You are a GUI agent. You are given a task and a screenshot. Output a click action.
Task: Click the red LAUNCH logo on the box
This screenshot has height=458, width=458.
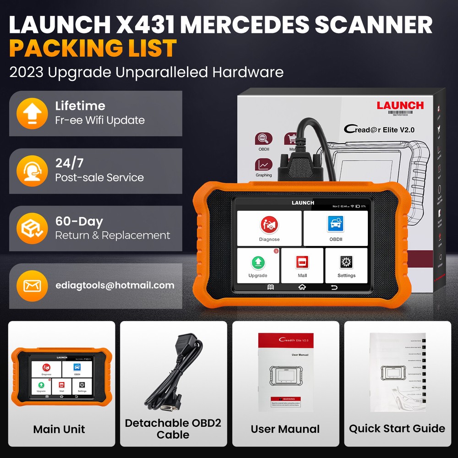tap(400, 105)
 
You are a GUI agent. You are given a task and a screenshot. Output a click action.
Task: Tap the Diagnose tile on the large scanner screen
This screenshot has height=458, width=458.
tap(269, 228)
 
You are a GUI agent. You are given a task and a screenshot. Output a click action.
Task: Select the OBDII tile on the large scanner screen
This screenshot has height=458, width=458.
tap(335, 228)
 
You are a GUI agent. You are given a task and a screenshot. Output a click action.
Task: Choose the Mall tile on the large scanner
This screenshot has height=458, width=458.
tap(302, 266)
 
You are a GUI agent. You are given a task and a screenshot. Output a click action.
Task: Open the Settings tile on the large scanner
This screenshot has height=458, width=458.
tap(346, 266)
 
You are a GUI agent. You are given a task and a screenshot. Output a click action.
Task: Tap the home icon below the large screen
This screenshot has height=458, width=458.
tap(302, 288)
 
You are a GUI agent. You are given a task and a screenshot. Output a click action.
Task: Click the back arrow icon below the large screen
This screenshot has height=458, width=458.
tap(333, 288)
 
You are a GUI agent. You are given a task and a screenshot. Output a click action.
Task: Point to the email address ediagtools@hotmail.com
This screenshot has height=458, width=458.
tap(114, 285)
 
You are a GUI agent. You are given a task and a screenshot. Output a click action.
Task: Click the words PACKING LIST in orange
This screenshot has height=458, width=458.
tap(93, 48)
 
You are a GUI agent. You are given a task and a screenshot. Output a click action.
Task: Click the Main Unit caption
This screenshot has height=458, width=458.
tap(59, 429)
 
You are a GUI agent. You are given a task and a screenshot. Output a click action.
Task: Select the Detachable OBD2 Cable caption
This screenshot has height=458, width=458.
tap(173, 429)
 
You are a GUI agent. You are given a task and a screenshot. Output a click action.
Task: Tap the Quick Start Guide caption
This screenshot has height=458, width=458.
tap(397, 429)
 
